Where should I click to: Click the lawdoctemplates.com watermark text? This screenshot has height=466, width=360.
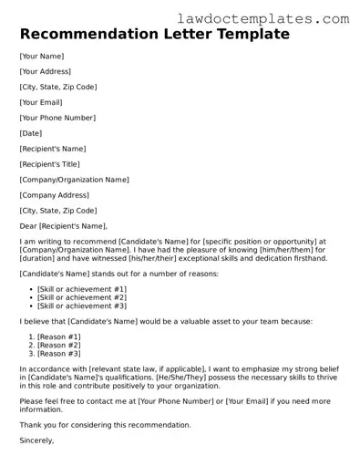278,17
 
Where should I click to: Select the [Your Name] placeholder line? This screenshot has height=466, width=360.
41,57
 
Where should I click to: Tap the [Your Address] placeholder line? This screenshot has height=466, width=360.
45,71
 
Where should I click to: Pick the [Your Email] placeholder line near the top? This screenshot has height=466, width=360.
42,102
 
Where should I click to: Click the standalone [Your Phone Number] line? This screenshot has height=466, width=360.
57,118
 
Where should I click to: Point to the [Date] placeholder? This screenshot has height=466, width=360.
32,133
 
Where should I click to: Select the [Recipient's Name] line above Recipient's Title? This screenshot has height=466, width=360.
53,149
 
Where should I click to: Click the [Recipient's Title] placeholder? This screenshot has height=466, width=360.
52,164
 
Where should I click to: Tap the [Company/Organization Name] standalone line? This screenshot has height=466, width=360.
74,180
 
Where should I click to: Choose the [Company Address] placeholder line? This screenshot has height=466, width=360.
55,195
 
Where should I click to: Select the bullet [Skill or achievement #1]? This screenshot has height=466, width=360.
82,288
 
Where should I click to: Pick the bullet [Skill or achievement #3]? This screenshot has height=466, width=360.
82,307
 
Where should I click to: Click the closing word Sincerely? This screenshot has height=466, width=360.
36,440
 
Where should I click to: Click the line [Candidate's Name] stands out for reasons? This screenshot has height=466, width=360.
121,273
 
